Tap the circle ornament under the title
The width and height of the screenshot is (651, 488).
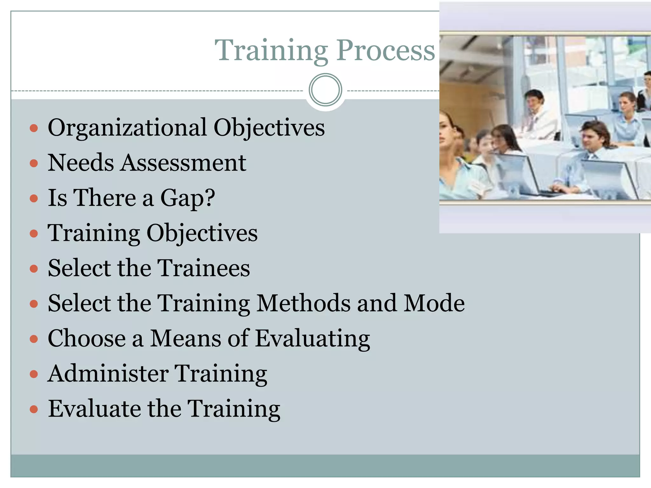point(325,90)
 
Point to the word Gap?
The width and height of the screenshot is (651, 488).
point(188,198)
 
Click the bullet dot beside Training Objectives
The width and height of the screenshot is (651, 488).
point(34,234)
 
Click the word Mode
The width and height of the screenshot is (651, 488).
point(434,303)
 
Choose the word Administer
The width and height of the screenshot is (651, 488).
point(108,374)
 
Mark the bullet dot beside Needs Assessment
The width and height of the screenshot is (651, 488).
point(34,163)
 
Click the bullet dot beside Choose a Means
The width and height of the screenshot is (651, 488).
point(34,339)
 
